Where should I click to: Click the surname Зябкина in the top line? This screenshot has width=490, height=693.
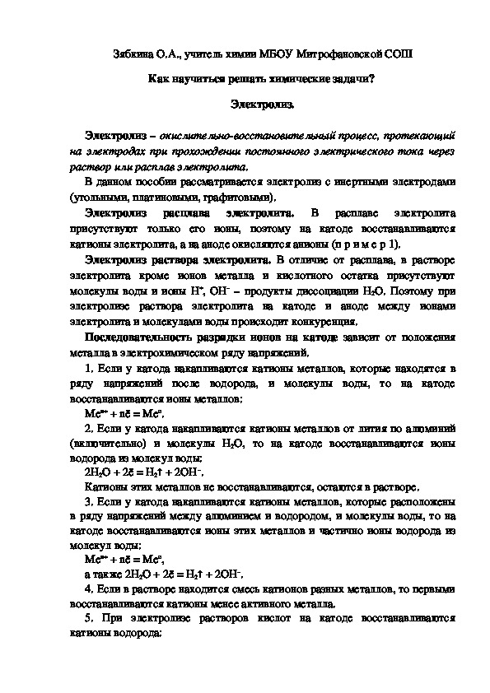pos(134,54)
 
